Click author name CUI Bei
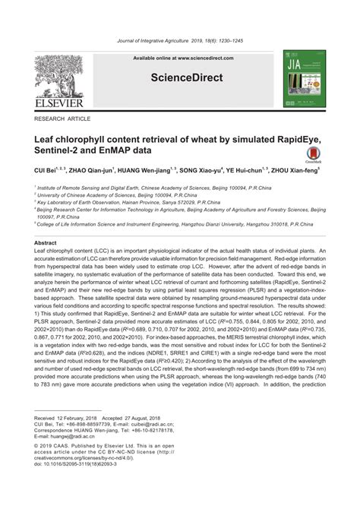point(48,172)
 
